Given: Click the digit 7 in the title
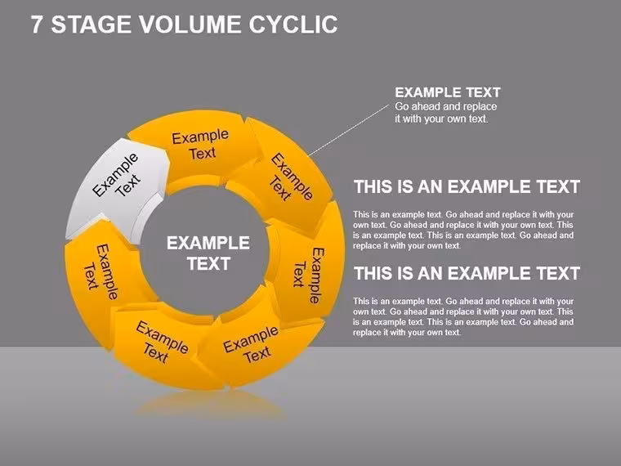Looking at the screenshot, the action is pyautogui.click(x=36, y=25).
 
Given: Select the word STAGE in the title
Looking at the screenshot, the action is pyautogui.click(x=92, y=25).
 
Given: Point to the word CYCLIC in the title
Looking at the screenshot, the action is pyautogui.click(x=293, y=25).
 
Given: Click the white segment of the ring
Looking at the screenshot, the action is pyautogui.click(x=115, y=186).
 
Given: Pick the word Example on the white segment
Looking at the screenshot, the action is pyautogui.click(x=115, y=175).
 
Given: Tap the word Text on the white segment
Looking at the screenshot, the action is pyautogui.click(x=128, y=185).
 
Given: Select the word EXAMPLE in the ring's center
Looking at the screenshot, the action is pyautogui.click(x=208, y=243).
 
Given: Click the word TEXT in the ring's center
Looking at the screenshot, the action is pyautogui.click(x=208, y=263).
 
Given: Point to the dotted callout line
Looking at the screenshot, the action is pyautogui.click(x=349, y=130).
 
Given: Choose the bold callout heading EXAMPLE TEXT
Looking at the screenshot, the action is pyautogui.click(x=448, y=92).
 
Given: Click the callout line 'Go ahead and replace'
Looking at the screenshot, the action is pyautogui.click(x=445, y=106).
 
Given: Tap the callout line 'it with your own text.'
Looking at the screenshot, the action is pyautogui.click(x=441, y=119).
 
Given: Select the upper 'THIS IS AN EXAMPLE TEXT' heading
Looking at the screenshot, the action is pyautogui.click(x=467, y=186).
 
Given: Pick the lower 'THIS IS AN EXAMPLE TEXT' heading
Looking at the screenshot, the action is pyautogui.click(x=467, y=273).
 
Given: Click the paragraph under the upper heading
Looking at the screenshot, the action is pyautogui.click(x=463, y=230).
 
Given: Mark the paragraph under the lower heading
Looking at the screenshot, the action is pyautogui.click(x=463, y=316).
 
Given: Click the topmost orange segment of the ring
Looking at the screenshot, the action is pyautogui.click(x=194, y=145).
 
